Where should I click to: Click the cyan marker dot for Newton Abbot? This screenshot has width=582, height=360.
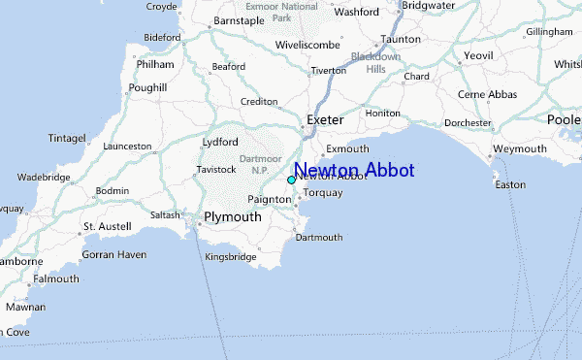click(x=291, y=180)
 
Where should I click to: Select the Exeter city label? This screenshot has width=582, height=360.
click(x=325, y=120)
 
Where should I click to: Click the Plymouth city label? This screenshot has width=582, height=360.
click(x=232, y=217)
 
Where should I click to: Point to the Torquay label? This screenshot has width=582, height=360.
click(x=323, y=193)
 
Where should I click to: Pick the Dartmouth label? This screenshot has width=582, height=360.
click(x=319, y=238)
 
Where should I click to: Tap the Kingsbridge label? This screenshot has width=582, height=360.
click(x=230, y=257)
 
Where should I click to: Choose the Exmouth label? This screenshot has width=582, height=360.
click(x=347, y=149)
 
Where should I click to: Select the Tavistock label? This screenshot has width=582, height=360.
click(x=216, y=170)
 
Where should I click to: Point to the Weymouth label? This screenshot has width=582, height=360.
click(x=520, y=149)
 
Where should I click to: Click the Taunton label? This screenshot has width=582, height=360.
click(x=401, y=40)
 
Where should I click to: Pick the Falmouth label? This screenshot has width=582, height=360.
click(x=56, y=278)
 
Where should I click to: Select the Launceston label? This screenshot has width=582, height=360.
click(x=127, y=147)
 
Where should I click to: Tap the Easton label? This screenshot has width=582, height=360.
click(x=509, y=184)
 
